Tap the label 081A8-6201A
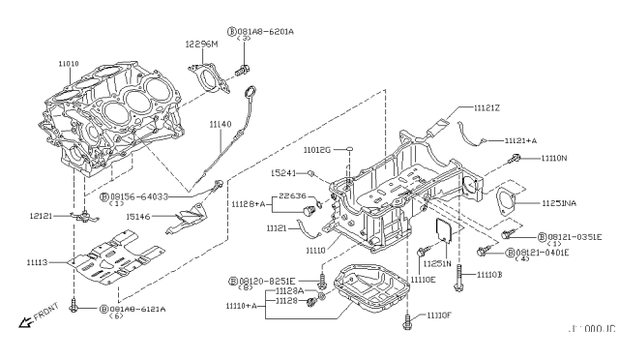(x=265, y=31)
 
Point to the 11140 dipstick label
(x=221, y=125)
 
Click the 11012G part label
(x=316, y=151)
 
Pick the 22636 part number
(x=294, y=195)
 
